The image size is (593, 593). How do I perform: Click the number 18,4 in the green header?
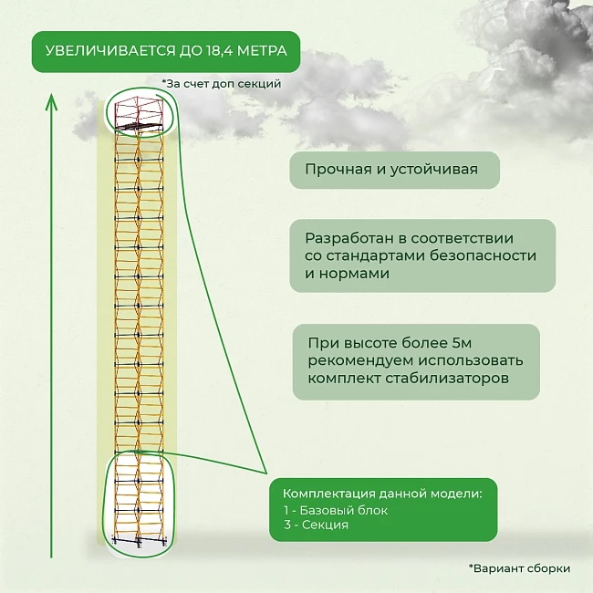[220, 51]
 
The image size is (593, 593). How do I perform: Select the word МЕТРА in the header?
[262, 51]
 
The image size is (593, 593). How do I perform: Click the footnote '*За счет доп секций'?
[222, 84]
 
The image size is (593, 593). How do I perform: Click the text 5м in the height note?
[462, 343]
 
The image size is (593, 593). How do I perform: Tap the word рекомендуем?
[360, 360]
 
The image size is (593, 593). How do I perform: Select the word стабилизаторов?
[447, 378]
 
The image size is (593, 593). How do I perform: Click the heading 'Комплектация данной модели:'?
[382, 494]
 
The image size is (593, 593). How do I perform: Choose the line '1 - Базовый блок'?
[336, 510]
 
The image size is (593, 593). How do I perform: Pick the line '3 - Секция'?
[316, 525]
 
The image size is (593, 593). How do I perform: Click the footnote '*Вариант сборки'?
[519, 568]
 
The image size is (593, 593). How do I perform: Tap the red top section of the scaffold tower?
[140, 113]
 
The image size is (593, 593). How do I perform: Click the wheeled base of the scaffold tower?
[140, 540]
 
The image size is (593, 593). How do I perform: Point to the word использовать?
[470, 360]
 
